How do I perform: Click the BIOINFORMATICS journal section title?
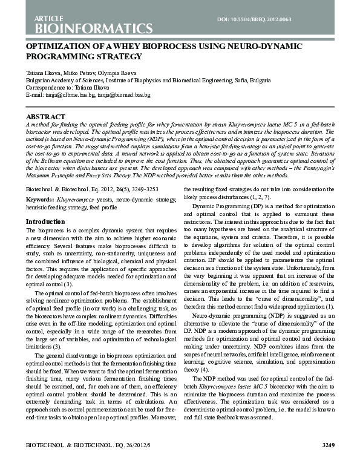pos(89,28)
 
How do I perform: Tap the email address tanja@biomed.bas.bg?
pos(125,95)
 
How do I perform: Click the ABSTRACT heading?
pos(45,116)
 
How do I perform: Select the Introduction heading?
pos(45,221)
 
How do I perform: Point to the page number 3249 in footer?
pos(327,462)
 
